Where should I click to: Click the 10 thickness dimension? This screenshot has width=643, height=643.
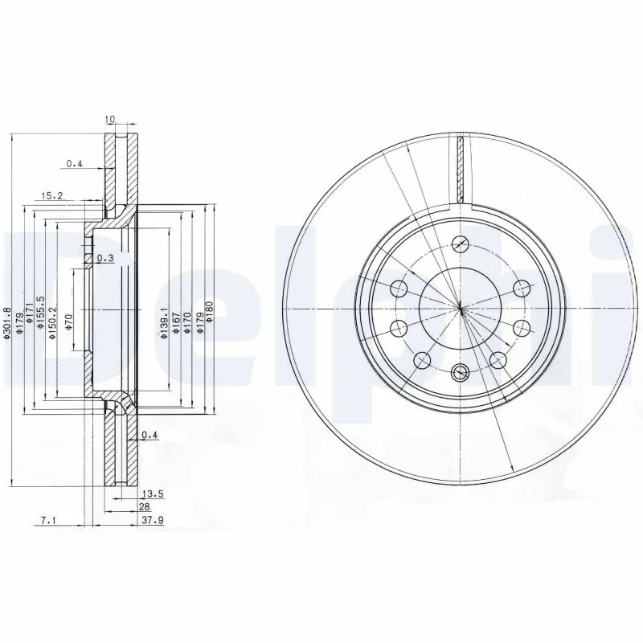[111, 120]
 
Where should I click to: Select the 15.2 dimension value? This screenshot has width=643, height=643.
[52, 195]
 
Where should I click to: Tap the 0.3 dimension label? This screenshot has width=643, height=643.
[104, 258]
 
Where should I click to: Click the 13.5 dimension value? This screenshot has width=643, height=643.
[149, 494]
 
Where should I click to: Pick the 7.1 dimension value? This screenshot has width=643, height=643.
[47, 520]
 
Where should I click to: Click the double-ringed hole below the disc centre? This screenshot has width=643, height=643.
[460, 371]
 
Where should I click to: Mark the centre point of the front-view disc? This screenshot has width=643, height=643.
[460, 308]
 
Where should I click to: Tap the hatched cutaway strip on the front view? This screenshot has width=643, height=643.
[461, 169]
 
